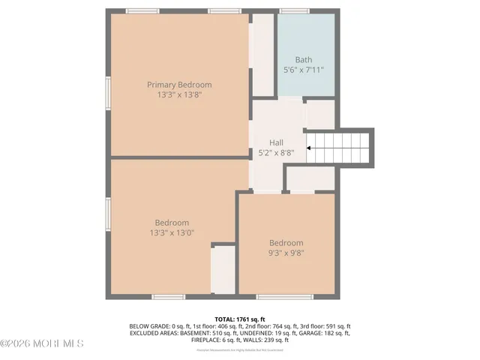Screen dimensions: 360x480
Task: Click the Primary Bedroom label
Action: (x=179, y=85)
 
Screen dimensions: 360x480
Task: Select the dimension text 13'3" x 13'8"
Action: (x=179, y=95)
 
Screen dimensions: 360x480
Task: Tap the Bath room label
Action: (x=303, y=60)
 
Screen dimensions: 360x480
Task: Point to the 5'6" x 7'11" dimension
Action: (x=303, y=70)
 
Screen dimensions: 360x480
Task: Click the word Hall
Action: (x=277, y=142)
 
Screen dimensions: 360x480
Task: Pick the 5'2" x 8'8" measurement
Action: (x=277, y=151)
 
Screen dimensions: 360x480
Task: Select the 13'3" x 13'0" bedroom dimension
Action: (x=172, y=232)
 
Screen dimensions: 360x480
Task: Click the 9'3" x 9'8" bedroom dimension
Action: (x=286, y=253)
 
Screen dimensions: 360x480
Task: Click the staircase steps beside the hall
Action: (x=342, y=148)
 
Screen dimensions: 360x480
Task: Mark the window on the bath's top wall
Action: (x=294, y=11)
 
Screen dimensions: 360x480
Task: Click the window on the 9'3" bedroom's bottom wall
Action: (x=285, y=297)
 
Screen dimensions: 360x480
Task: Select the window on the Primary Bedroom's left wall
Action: (x=108, y=94)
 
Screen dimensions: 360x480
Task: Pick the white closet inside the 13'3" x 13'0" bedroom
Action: (x=223, y=270)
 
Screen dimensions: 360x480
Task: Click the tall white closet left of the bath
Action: (x=262, y=55)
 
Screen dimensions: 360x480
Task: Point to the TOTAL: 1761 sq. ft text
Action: (x=239, y=319)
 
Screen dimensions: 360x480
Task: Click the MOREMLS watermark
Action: (x=42, y=343)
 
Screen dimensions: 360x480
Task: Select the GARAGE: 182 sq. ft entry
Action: (x=326, y=333)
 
